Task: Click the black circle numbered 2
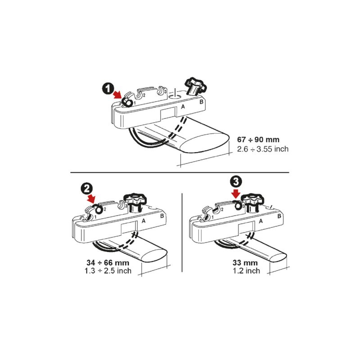(86, 189)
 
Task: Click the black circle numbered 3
(236, 182)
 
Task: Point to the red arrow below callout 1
(117, 94)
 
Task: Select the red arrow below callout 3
(236, 193)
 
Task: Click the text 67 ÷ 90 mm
(258, 139)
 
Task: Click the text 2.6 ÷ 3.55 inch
(263, 149)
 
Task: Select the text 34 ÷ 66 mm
(108, 262)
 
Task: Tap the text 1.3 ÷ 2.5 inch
(108, 271)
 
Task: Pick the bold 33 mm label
(245, 262)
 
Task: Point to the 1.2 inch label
(246, 271)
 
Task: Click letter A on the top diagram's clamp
(183, 107)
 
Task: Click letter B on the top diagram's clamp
(201, 102)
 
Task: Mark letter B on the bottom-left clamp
(162, 216)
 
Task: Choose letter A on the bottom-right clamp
(261, 221)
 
